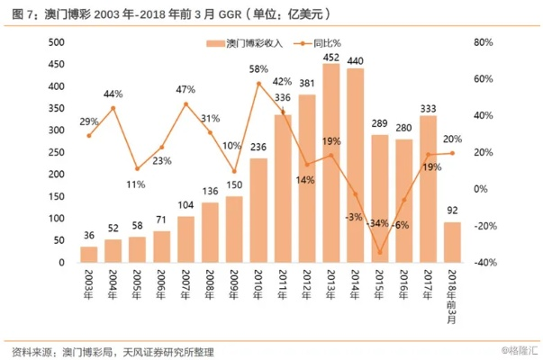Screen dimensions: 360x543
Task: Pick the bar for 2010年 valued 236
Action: [258, 211]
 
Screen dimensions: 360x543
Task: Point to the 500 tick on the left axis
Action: [57, 42]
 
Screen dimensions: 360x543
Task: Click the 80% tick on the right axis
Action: [484, 42]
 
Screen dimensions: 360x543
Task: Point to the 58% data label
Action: [258, 69]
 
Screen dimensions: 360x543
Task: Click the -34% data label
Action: [379, 223]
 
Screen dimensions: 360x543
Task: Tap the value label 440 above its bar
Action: [355, 61]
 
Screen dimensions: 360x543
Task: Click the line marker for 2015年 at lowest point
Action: [379, 252]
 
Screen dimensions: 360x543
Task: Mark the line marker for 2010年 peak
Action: [258, 84]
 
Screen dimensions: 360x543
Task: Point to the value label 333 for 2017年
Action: [428, 108]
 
